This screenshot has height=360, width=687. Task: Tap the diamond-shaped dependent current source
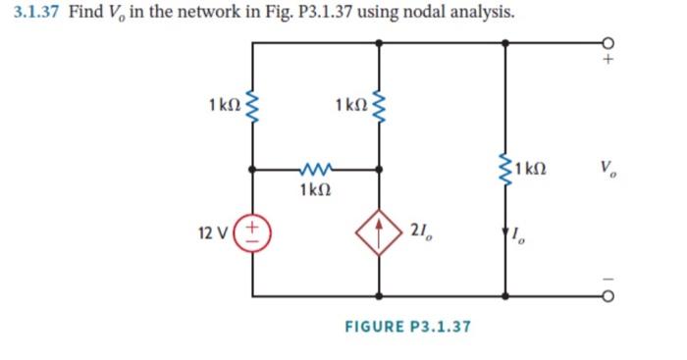pos(378,232)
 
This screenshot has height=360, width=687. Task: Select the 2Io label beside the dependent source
pos(428,233)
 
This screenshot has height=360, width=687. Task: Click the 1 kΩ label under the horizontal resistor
pos(318,189)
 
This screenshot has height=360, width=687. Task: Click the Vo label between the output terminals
pos(611,169)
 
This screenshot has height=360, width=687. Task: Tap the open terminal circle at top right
pos(609,43)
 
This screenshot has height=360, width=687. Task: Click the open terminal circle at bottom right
pos(609,295)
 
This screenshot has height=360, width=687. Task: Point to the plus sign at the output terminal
pos(609,61)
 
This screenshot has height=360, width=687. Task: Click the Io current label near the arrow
pos(522,234)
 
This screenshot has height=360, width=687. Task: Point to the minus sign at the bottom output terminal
pos(609,277)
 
